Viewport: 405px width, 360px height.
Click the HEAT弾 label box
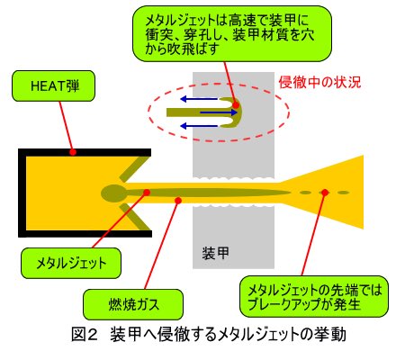(53, 85)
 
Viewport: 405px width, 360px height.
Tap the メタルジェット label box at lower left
(71, 263)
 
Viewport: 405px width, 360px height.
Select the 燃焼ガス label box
(133, 304)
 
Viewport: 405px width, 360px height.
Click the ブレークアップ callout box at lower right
(314, 296)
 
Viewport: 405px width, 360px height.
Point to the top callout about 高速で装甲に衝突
(232, 33)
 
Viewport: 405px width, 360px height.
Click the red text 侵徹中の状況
(319, 82)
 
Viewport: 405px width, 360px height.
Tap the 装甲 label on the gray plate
(215, 254)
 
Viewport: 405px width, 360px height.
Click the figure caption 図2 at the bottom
(209, 335)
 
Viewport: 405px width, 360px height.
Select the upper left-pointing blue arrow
(198, 99)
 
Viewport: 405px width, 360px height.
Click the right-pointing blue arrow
(219, 112)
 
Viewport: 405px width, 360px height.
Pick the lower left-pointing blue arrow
(198, 126)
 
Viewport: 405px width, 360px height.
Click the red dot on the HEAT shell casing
(73, 152)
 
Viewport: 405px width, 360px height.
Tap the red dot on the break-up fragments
(325, 193)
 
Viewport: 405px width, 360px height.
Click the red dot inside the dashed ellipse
(236, 105)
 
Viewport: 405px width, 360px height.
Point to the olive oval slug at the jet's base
(114, 193)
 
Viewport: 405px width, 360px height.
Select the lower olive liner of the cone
(136, 217)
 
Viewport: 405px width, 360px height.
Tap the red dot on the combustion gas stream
(178, 200)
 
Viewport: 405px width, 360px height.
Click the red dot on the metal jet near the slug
(147, 193)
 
